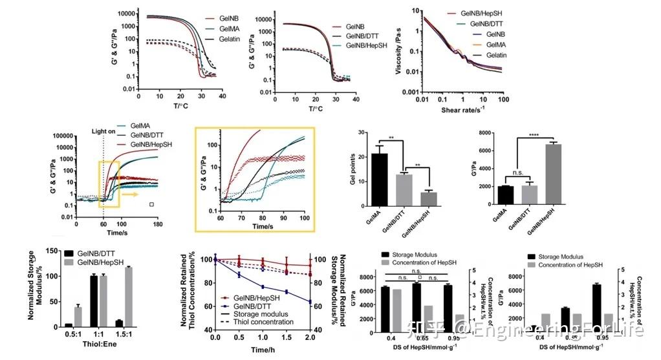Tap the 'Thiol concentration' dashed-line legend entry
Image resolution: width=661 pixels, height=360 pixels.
pyautogui.click(x=272, y=322)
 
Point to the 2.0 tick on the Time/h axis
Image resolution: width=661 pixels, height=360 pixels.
pyautogui.click(x=310, y=337)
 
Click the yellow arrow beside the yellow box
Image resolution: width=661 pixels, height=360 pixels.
pyautogui.click(x=131, y=193)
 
